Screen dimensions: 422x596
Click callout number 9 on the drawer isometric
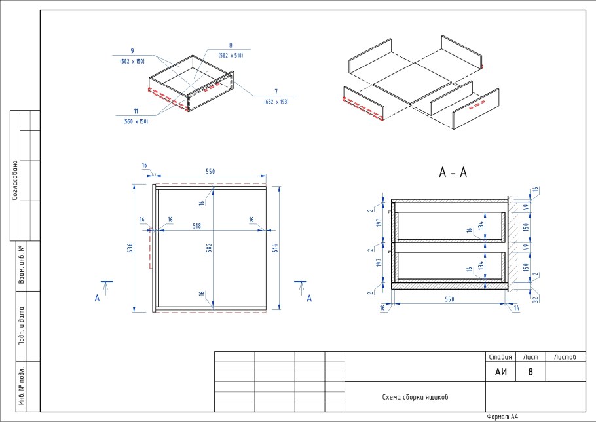point(132,50)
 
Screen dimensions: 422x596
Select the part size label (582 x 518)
point(231,56)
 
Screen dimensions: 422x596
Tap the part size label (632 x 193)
point(276,102)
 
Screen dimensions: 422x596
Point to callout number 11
point(136,111)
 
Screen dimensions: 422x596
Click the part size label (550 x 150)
point(136,121)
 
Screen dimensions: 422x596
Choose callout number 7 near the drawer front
point(276,92)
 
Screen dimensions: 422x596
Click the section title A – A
point(453,173)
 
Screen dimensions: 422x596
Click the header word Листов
point(565,357)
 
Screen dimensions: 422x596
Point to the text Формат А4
point(503,417)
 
